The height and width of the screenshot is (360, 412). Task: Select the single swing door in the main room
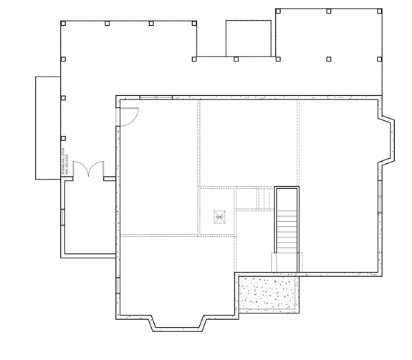[128, 115]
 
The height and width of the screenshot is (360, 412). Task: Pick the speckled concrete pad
[269, 294]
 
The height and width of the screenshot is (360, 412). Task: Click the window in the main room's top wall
[155, 97]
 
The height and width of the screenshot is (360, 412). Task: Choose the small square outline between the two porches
[248, 38]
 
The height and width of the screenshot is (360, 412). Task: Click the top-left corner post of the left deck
[63, 23]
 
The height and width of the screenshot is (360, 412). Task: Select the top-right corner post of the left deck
[196, 23]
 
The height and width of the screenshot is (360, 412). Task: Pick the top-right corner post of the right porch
[379, 11]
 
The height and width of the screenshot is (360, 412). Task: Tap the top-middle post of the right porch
[328, 11]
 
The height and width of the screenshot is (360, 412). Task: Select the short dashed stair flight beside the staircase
[255, 198]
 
